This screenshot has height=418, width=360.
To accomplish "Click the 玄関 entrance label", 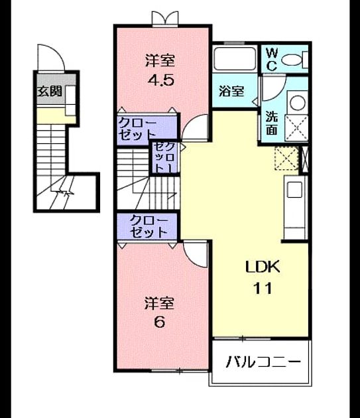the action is (x=50, y=92).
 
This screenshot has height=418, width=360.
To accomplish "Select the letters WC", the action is (x=271, y=60).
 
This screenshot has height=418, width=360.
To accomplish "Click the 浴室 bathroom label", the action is (x=231, y=92).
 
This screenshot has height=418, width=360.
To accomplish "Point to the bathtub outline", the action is (x=235, y=58).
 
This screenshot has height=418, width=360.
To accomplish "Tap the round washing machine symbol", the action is (x=298, y=103).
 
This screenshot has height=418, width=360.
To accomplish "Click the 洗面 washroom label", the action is (x=272, y=123).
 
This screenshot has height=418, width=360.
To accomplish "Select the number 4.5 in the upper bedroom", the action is (x=161, y=80).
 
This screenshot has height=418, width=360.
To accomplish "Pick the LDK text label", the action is (x=263, y=267).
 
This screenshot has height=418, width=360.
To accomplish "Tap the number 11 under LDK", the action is (x=263, y=288).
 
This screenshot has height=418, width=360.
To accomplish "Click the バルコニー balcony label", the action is (x=263, y=362).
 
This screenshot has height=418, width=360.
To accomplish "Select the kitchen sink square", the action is (x=294, y=190).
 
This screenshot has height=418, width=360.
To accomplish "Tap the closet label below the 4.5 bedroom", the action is (x=137, y=129).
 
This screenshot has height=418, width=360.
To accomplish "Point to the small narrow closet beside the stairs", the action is (x=164, y=157).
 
